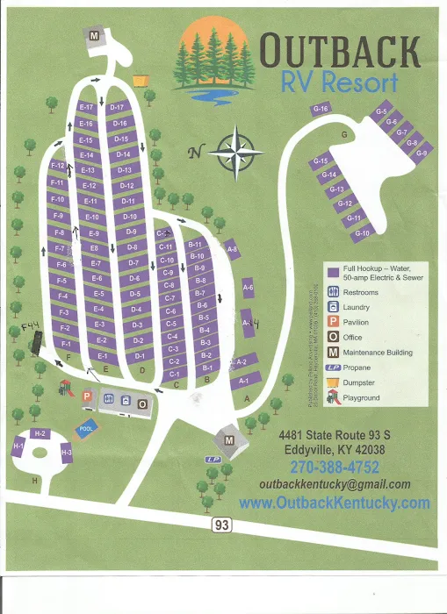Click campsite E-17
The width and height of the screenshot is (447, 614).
click(x=86, y=107)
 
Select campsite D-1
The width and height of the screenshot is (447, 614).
click(x=139, y=356)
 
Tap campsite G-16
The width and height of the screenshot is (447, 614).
click(x=321, y=109)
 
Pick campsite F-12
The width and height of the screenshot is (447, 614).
click(x=58, y=165)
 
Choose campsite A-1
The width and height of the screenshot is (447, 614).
click(x=244, y=381)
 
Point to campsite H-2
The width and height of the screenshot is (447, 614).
click(x=39, y=433)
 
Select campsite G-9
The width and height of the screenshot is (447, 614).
click(x=422, y=153)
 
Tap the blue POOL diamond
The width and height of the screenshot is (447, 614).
click(x=85, y=429)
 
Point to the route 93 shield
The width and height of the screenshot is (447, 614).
click(x=222, y=525)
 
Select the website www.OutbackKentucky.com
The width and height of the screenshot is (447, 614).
click(x=335, y=503)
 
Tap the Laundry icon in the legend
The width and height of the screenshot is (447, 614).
click(x=333, y=307)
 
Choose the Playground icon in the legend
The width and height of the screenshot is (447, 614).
click(x=333, y=397)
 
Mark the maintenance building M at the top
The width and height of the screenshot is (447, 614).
click(x=94, y=35)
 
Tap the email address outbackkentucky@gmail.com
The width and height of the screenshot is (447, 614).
click(x=335, y=484)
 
